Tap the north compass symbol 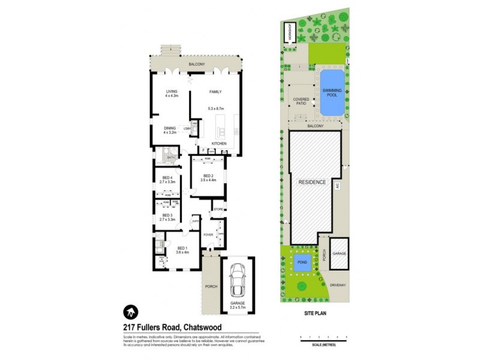click(x=131, y=311)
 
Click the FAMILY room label click(x=215, y=92)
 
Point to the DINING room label click(x=170, y=128)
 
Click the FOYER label click(x=208, y=235)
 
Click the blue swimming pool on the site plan click(x=331, y=93)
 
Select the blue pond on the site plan click(x=301, y=262)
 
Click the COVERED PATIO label click(x=300, y=101)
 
